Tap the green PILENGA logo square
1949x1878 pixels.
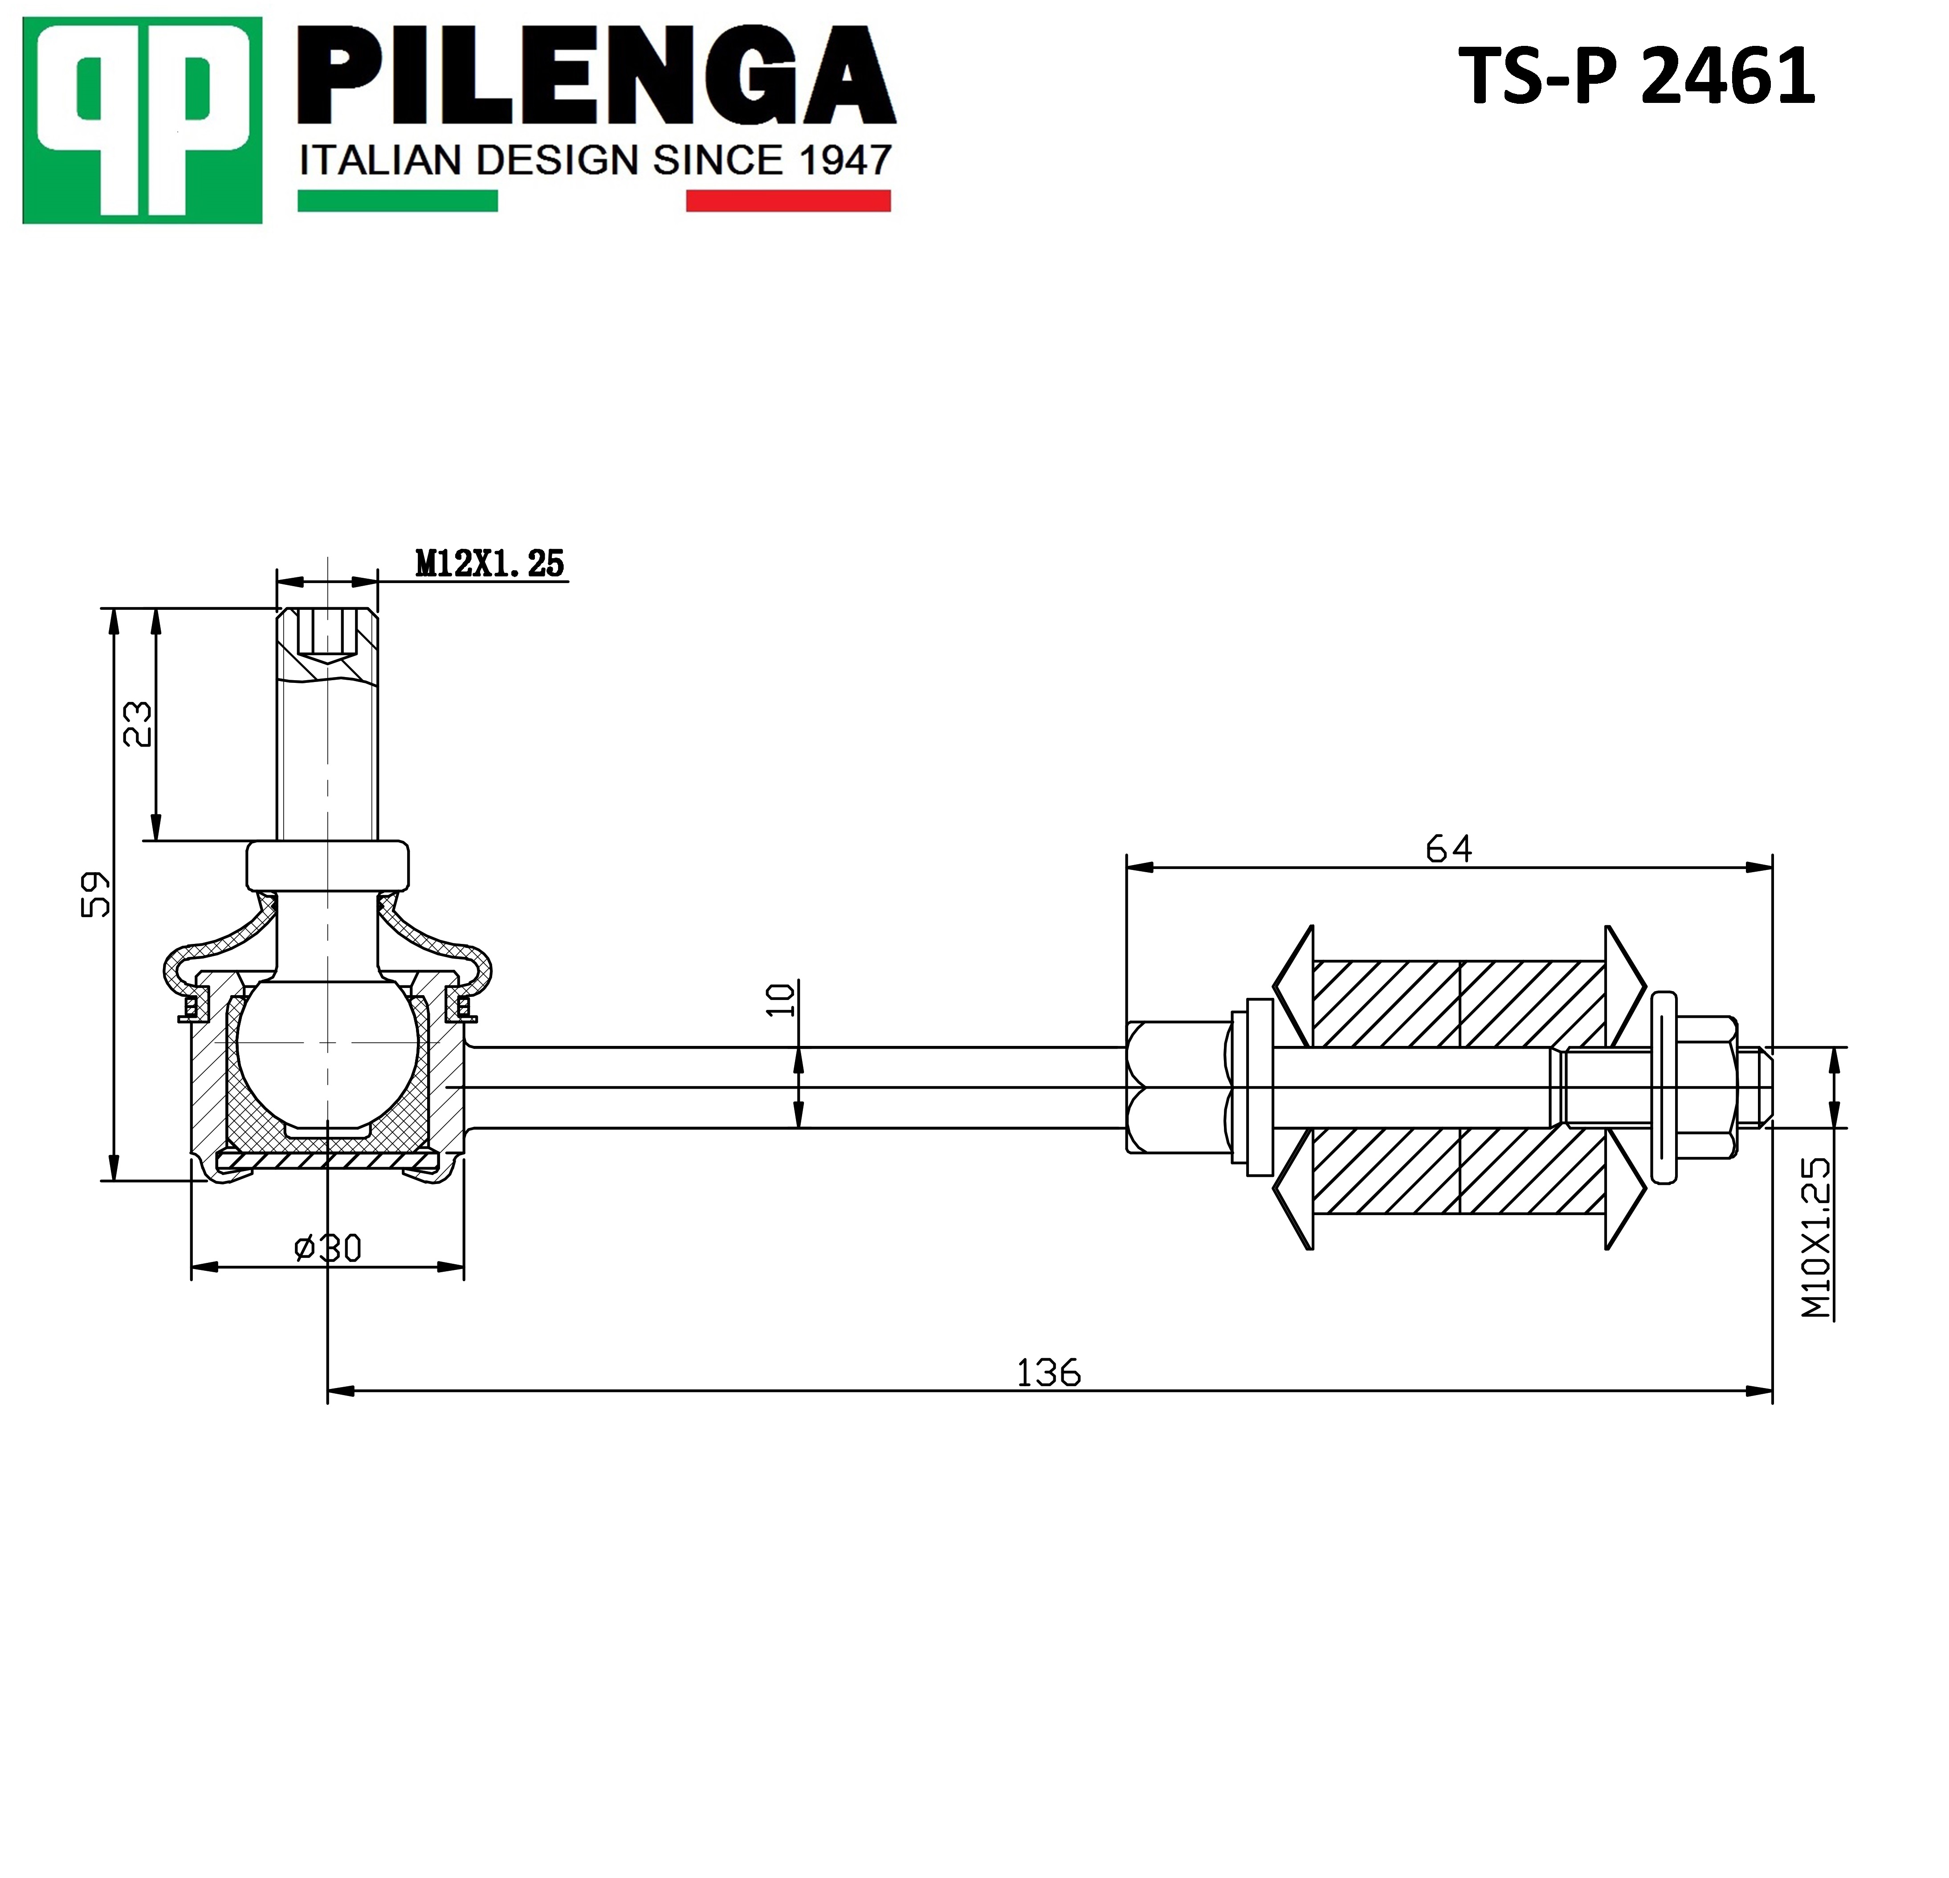pyautogui.click(x=142, y=120)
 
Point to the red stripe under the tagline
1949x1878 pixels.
pyautogui.click(x=788, y=201)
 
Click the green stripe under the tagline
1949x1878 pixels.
pyautogui.click(x=398, y=201)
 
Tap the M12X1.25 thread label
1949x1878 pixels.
pyautogui.click(x=489, y=564)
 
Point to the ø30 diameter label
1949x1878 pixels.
pyautogui.click(x=328, y=1247)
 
